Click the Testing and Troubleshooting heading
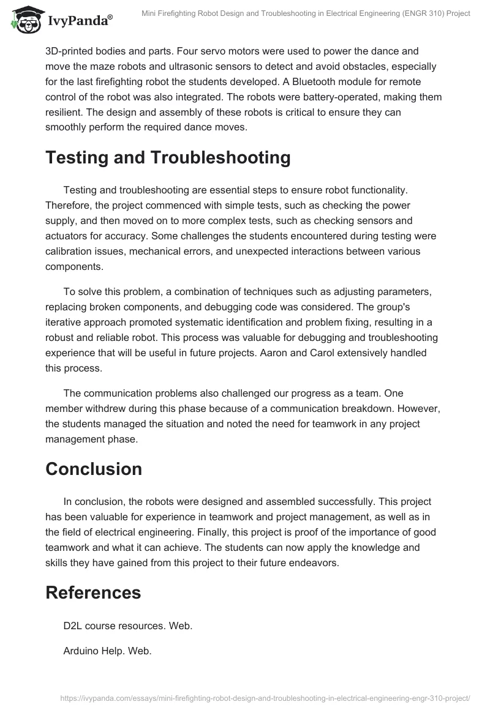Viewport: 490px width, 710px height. [168, 157]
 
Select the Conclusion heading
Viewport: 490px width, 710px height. [94, 469]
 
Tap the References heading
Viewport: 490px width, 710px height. [93, 592]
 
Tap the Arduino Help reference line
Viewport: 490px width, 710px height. [107, 651]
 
